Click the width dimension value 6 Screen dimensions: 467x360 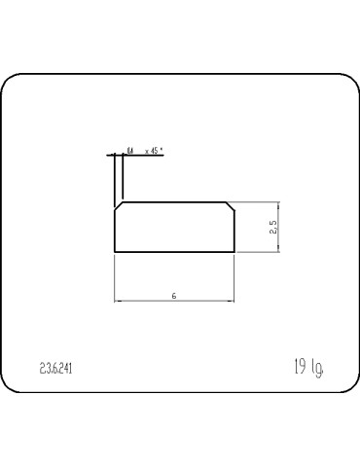173,294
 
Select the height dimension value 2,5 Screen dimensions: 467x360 274,227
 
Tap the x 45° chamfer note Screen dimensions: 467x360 153,152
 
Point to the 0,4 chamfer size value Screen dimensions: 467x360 129,152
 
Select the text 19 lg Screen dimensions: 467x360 308,368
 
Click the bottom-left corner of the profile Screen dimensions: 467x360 115,252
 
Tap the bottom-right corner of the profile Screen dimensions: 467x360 235,252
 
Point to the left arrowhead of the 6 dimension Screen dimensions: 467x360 118,300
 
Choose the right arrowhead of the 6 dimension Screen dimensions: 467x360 233,300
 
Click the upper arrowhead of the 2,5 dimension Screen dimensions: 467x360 280,205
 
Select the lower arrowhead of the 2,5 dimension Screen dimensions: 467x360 280,249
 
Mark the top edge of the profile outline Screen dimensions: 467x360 175,202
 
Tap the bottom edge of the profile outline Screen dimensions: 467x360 175,252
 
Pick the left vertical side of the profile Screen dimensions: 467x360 115,232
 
